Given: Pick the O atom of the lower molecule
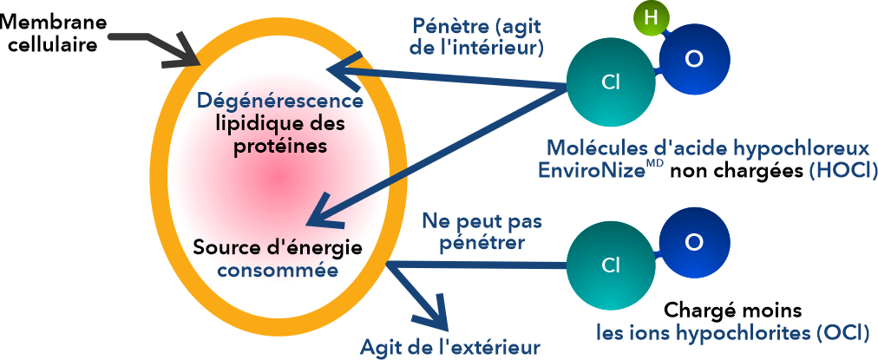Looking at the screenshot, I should point(693,241).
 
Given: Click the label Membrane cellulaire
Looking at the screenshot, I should point(52,33).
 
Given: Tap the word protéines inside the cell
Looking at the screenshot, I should point(279,146).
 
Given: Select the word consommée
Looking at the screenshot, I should point(277,270).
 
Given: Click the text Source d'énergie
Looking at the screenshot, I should point(277,248).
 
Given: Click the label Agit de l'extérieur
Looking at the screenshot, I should point(450,348).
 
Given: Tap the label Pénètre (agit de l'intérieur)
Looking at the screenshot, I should point(476,36).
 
